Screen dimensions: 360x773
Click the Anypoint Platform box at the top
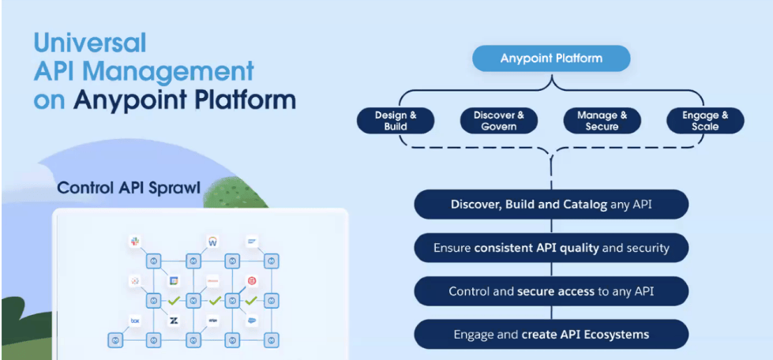coord(551,58)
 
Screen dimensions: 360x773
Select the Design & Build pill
coord(396,121)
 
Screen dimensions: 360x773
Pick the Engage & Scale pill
coord(704,121)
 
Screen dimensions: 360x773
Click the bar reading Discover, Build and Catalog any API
coord(551,204)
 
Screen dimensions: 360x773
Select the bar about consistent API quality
coord(551,248)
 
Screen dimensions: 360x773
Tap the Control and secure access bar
coord(551,291)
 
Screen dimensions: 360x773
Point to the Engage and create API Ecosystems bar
coord(551,334)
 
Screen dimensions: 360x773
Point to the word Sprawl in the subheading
coord(180,189)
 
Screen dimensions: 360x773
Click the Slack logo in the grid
coord(135,241)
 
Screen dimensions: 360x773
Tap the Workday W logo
coord(212,241)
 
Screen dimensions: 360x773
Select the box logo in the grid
coord(135,321)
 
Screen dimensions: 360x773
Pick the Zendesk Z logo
coord(174,321)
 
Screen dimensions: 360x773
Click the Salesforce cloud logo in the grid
coord(251,321)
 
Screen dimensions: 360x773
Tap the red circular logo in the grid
coord(251,280)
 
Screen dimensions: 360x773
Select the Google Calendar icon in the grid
coord(174,280)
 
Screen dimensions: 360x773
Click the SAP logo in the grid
coord(251,241)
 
